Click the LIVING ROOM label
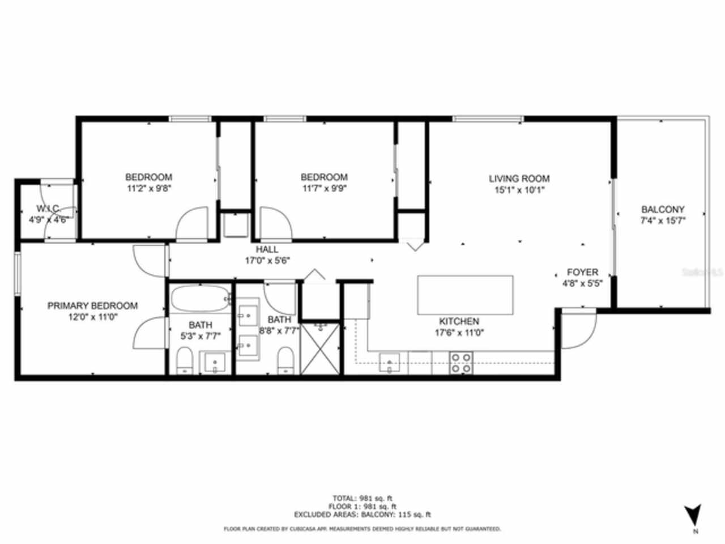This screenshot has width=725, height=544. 519,178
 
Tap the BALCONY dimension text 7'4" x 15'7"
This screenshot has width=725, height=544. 663,221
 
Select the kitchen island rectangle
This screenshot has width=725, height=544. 465,295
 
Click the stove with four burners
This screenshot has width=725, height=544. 461,363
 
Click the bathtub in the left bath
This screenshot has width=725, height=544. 200,299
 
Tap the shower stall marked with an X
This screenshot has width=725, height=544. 321,348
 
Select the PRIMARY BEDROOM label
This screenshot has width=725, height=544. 92,306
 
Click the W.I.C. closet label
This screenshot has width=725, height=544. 49,209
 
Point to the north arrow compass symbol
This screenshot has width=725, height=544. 693,516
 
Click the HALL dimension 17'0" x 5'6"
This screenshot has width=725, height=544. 267,261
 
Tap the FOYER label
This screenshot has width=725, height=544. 582,273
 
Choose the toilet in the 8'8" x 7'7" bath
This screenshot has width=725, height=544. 285,360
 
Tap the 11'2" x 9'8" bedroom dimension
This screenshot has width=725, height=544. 148,189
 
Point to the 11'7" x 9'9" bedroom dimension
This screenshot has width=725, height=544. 324,189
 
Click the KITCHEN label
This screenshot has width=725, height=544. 459,321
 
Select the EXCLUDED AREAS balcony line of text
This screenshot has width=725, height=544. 362,515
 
